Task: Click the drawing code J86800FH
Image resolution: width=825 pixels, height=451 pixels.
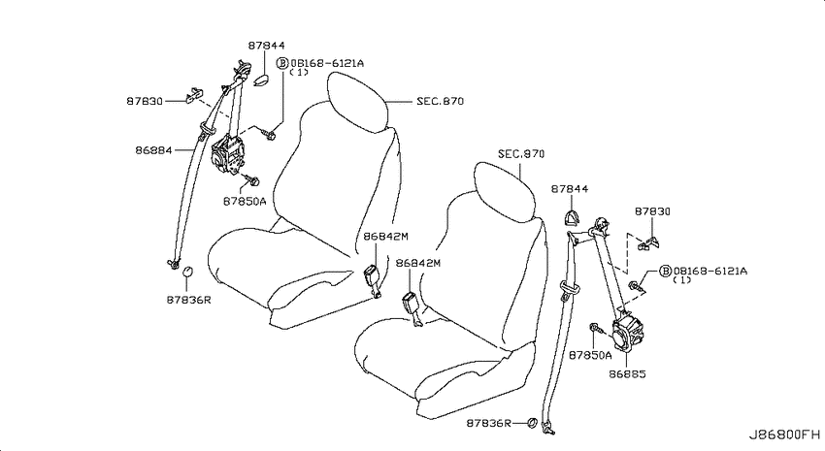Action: [x=784, y=435]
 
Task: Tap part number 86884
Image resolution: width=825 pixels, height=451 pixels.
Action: [x=153, y=150]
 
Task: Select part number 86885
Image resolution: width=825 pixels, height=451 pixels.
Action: [x=627, y=374]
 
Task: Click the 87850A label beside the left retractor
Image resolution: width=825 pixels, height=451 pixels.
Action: [x=245, y=201]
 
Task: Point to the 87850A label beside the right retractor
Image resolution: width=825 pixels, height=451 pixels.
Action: [x=590, y=355]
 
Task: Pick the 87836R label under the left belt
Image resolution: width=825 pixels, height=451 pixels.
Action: [x=189, y=300]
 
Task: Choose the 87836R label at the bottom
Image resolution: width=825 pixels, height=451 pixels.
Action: [x=489, y=423]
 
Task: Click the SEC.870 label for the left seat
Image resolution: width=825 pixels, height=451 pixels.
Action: [x=441, y=101]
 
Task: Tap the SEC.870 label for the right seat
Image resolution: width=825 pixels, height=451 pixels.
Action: [x=521, y=154]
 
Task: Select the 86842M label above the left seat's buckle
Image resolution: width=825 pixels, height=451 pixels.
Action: [x=385, y=237]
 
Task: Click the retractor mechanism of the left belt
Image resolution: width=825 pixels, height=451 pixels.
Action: [x=227, y=155]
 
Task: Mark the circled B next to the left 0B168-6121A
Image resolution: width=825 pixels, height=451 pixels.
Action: [x=282, y=63]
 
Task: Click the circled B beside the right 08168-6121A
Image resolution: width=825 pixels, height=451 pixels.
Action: [x=666, y=271]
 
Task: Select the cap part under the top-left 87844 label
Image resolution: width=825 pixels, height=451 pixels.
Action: [x=261, y=80]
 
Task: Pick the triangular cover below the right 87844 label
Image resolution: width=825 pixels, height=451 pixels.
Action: [x=572, y=218]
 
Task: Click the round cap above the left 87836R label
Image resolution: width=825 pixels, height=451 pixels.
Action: [x=187, y=272]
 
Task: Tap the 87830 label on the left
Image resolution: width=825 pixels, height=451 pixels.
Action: [x=145, y=101]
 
